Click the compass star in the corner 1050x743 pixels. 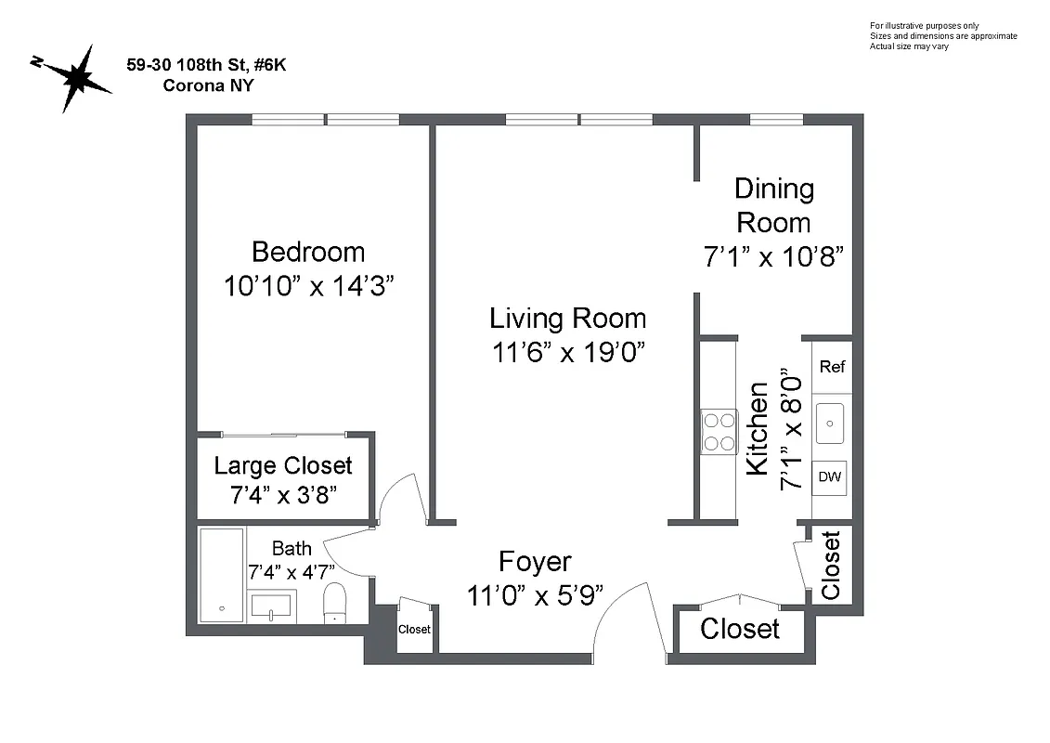[73, 77]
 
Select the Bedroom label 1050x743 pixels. [308, 252]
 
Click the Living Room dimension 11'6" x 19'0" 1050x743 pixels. [567, 353]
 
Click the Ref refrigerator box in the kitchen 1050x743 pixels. [832, 367]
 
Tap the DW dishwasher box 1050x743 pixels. [829, 477]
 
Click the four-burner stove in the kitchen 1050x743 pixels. [719, 431]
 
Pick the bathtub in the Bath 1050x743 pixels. [222, 575]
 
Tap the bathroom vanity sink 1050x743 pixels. [273, 606]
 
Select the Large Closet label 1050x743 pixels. [283, 465]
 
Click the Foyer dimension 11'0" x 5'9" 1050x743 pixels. [535, 594]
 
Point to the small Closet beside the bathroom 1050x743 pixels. [414, 629]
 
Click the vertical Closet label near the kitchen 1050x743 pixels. [831, 565]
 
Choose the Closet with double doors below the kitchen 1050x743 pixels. [740, 629]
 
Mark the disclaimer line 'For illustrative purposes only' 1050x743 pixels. [924, 25]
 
